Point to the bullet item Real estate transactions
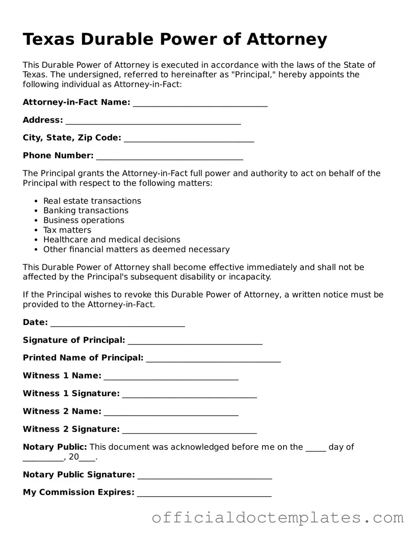pyautogui.click(x=92, y=201)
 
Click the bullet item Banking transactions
pyautogui.click(x=86, y=211)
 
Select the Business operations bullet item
pyautogui.click(x=83, y=220)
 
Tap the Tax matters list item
pyautogui.click(x=67, y=230)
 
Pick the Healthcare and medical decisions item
pyautogui.click(x=111, y=239)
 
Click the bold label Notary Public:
pyautogui.click(x=55, y=447)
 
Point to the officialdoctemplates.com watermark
pyautogui.click(x=278, y=518)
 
